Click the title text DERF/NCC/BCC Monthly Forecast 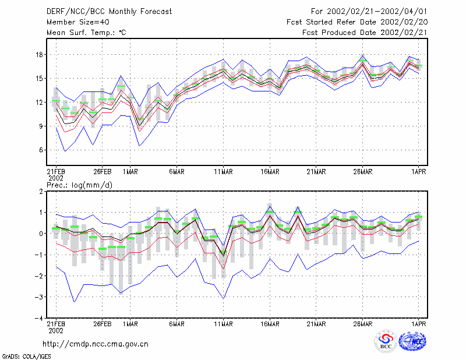pyautogui.click(x=109, y=12)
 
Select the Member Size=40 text pyautogui.click(x=78, y=22)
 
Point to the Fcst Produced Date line pyautogui.click(x=365, y=33)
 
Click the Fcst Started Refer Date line pyautogui.click(x=357, y=22)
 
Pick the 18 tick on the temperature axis pyautogui.click(x=40, y=55)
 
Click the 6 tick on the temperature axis pyautogui.click(x=41, y=150)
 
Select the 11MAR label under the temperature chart pyautogui.click(x=223, y=172)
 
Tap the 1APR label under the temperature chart pyautogui.click(x=418, y=172)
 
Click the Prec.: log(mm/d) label pyautogui.click(x=79, y=185)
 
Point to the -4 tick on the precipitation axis pyautogui.click(x=39, y=318)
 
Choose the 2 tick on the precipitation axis pyautogui.click(x=41, y=191)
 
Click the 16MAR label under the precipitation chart pyautogui.click(x=270, y=324)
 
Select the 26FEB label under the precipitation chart pyautogui.click(x=103, y=324)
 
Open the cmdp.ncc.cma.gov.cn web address pyautogui.click(x=96, y=344)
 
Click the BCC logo pyautogui.click(x=386, y=341)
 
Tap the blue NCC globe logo pyautogui.click(x=412, y=341)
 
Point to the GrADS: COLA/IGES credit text pyautogui.click(x=27, y=357)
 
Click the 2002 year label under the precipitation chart pyautogui.click(x=56, y=330)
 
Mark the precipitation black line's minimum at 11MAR pyautogui.click(x=223, y=256)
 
